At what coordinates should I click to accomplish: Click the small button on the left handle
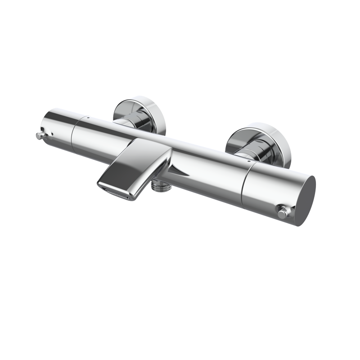[38, 135]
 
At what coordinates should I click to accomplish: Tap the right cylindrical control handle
[274, 189]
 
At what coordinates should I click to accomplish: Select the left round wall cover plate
[135, 108]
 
